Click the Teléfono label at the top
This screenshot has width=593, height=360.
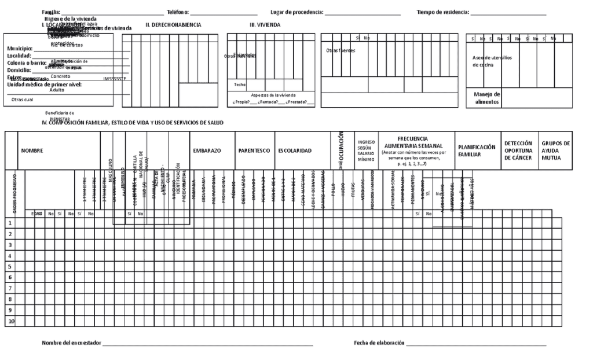click(x=178, y=12)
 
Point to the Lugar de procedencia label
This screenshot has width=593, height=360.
click(x=296, y=12)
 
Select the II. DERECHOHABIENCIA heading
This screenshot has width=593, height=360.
click(x=173, y=25)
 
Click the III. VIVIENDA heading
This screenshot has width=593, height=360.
click(x=265, y=25)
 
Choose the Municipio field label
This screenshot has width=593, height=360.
click(x=20, y=49)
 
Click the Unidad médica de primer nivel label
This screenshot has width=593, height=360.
click(x=44, y=85)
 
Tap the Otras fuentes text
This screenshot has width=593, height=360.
click(x=341, y=50)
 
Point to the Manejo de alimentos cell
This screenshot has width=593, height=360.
click(x=487, y=98)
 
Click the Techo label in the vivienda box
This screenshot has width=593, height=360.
click(x=240, y=85)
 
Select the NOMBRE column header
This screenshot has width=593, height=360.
click(x=32, y=150)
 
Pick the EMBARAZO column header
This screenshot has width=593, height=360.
click(x=207, y=150)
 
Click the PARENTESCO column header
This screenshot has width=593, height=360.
click(x=254, y=150)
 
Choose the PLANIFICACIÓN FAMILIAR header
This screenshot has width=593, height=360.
click(x=477, y=150)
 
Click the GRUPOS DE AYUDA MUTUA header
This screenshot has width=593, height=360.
click(x=556, y=150)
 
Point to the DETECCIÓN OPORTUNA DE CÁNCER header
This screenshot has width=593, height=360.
click(x=518, y=150)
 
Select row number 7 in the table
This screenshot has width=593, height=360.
click(x=10, y=288)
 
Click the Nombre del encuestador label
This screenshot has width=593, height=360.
click(x=71, y=343)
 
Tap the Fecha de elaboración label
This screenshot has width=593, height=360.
click(x=379, y=343)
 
